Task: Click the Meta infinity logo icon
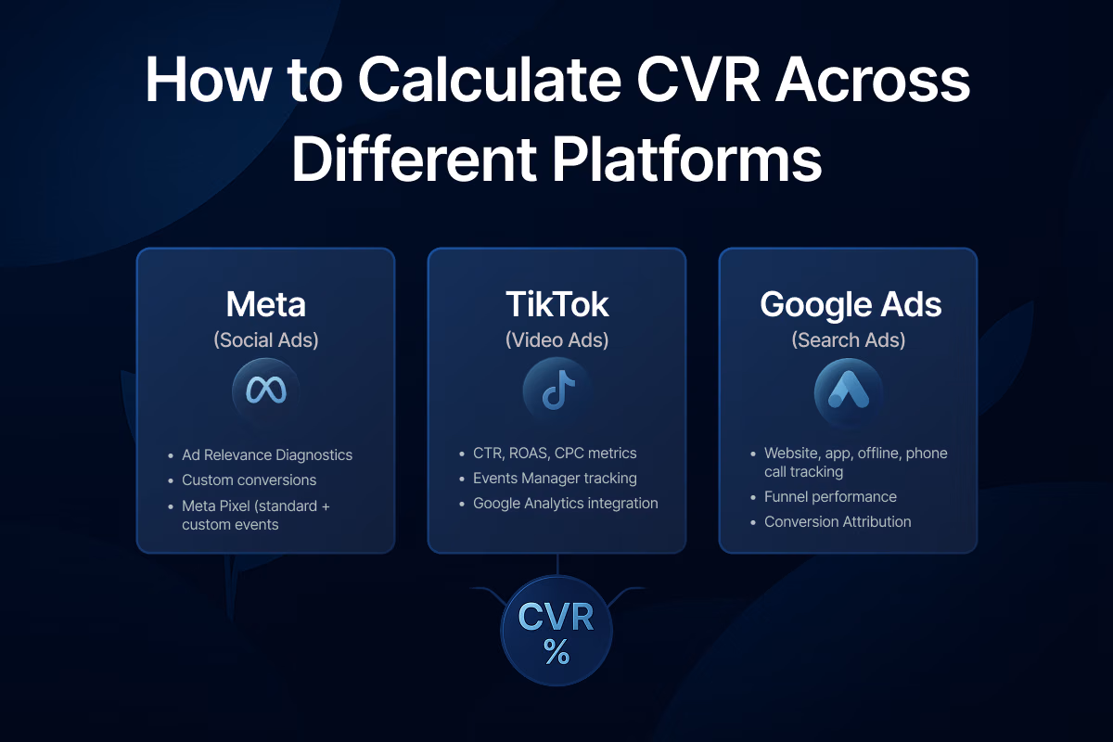pos(266,390)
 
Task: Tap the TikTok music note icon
pos(556,390)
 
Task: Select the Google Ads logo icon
pos(848,390)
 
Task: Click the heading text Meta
pos(266,305)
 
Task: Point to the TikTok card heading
pos(556,305)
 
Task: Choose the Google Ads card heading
pos(848,305)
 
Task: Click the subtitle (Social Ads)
pos(266,340)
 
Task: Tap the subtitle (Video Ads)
pos(556,340)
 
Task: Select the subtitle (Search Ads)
pos(848,340)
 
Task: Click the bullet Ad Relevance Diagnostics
pos(267,455)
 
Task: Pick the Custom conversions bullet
pos(249,480)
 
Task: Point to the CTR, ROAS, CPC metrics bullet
pos(555,454)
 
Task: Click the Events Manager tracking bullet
pos(555,479)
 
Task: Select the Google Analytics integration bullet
pos(565,504)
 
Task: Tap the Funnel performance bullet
pos(830,496)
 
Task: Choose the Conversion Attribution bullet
pos(838,521)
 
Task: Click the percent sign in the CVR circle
pos(556,653)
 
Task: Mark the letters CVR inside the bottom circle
pos(556,618)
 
